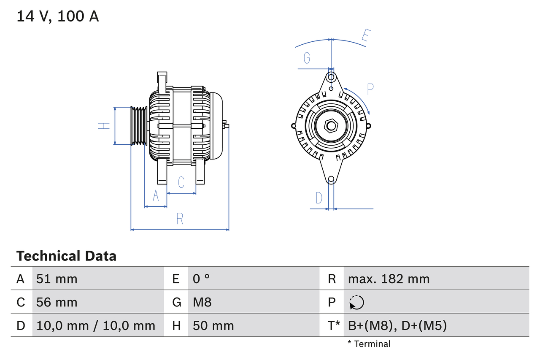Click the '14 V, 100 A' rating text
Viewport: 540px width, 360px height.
58,16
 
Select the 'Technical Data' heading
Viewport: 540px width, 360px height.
66,256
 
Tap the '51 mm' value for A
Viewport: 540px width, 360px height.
57,279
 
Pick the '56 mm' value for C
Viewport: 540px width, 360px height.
57,302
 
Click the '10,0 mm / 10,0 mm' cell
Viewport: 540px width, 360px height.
96,325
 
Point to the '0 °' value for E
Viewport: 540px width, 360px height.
201,279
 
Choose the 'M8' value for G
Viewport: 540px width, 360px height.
202,302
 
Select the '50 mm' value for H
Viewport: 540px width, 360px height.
213,325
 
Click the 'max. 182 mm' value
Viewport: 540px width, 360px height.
389,279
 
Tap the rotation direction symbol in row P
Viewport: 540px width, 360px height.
356,303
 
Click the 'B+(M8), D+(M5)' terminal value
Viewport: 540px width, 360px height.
397,325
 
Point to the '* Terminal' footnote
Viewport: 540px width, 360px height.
369,344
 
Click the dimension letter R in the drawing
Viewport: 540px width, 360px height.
180,219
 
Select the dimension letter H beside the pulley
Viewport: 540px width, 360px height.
104,125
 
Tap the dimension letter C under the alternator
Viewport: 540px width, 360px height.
181,182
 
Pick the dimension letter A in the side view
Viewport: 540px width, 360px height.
156,196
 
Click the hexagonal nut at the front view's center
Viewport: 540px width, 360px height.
331,126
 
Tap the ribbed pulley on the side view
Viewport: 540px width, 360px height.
138,126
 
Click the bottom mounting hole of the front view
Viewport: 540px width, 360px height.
331,179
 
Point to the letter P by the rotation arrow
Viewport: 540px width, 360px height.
370,89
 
